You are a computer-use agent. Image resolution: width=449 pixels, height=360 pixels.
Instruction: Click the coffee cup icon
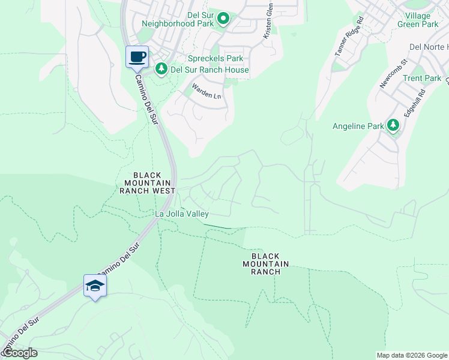pyautogui.click(x=137, y=56)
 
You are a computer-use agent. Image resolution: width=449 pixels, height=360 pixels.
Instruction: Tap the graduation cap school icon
pyautogui.click(x=95, y=286)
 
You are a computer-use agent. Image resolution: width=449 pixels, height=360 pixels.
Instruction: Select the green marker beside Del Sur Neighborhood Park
pyautogui.click(x=223, y=19)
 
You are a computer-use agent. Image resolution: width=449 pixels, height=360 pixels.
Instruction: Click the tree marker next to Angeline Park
pyautogui.click(x=393, y=125)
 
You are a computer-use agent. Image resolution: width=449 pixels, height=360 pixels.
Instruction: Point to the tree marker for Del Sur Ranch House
pyautogui.click(x=161, y=70)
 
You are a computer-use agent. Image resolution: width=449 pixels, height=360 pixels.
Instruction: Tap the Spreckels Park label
pyautogui.click(x=215, y=59)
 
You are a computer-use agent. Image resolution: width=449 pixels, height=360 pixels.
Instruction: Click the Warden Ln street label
pyautogui.click(x=206, y=91)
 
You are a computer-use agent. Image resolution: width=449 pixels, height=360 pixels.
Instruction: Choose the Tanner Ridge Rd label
pyautogui.click(x=349, y=41)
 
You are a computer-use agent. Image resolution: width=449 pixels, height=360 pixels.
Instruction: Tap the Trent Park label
pyautogui.click(x=422, y=79)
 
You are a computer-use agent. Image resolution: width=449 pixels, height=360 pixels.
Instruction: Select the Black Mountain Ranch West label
pyautogui.click(x=147, y=182)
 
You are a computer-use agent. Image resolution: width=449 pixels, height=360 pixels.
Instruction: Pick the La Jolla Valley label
pyautogui.click(x=182, y=214)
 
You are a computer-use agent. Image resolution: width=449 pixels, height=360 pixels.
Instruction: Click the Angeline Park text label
pyautogui.click(x=359, y=126)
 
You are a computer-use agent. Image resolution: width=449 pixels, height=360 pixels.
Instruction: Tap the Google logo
pyautogui.click(x=20, y=353)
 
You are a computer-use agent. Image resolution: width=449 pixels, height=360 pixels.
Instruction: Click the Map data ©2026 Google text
pyautogui.click(x=412, y=355)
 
